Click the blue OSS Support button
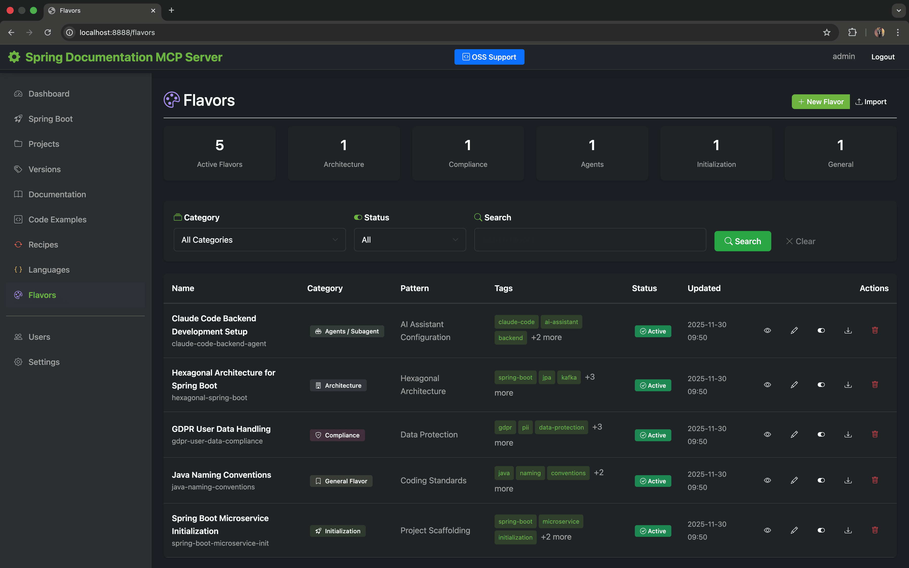coord(489,57)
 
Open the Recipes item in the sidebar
coord(43,244)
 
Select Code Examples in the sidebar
coord(57,219)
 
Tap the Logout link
coord(883,57)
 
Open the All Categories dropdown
coord(259,240)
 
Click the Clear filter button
coord(800,241)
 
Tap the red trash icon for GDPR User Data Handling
coord(875,435)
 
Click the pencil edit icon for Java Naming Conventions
coord(794,481)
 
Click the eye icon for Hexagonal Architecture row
coord(767,385)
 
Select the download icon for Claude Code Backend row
coord(848,331)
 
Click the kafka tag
coord(569,378)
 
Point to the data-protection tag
coord(561,428)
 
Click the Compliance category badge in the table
coord(337,435)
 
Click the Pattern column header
coord(414,288)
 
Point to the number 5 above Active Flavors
coord(219,145)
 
